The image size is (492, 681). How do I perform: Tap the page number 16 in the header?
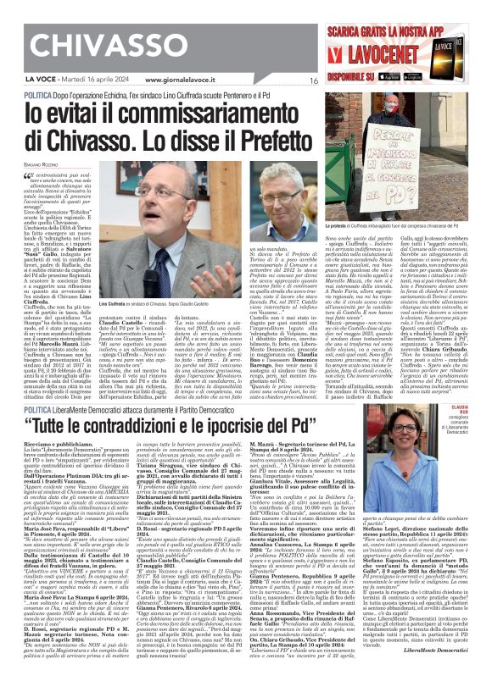pyautogui.click(x=313, y=80)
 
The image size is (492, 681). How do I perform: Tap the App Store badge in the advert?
pyautogui.click(x=437, y=70)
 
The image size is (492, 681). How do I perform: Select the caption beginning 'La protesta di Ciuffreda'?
pyautogui.click(x=386, y=227)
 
